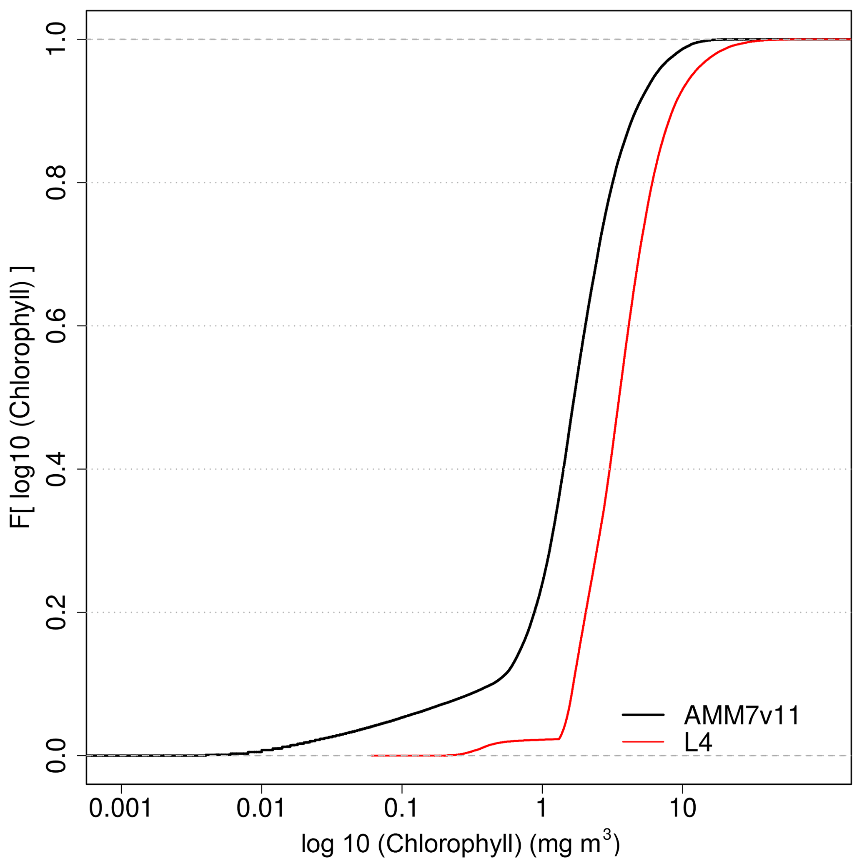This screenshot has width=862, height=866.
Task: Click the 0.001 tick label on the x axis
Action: pos(121,808)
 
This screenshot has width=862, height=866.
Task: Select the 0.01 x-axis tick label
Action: pos(261,808)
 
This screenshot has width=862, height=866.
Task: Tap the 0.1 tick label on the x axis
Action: pos(402,808)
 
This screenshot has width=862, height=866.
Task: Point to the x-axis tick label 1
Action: pos(542,808)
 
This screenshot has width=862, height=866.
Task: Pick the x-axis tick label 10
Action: pos(682,808)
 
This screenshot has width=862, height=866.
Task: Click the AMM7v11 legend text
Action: pos(742,716)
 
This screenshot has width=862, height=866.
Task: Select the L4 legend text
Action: pos(698,743)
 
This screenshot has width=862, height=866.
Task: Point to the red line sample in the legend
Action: pos(643,742)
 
